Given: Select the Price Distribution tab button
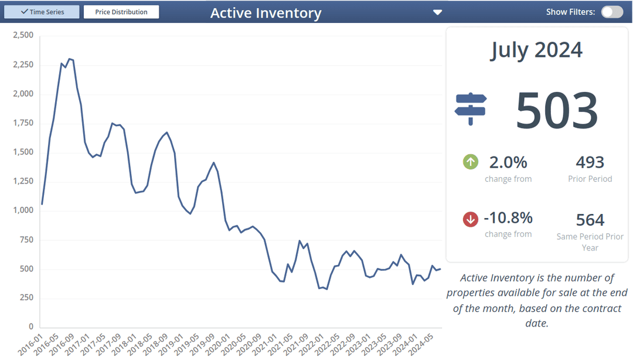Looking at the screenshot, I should pos(121,12).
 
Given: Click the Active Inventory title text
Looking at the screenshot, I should pos(266,13).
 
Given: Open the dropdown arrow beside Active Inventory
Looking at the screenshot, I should pos(437,12).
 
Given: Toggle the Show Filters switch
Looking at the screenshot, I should pos(612,12).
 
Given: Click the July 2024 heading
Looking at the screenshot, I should pos(536,50).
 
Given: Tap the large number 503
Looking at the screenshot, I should pos(556,110).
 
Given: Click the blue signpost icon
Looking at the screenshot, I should pos(471,109).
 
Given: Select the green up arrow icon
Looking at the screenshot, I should pos(471,162).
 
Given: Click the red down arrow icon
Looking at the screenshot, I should pos(471,219).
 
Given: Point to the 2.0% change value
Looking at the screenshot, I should pos(508,162).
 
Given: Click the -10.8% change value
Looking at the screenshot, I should pos(508,218).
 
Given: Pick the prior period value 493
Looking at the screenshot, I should pos(590,162).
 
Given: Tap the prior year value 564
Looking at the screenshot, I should pos(590,219).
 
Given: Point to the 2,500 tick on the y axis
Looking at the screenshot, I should pos(23,36).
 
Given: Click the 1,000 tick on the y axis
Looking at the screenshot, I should pos(23,210).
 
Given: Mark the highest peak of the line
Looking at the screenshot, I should pos(69,59).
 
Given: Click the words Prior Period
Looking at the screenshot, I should pos(590,179).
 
